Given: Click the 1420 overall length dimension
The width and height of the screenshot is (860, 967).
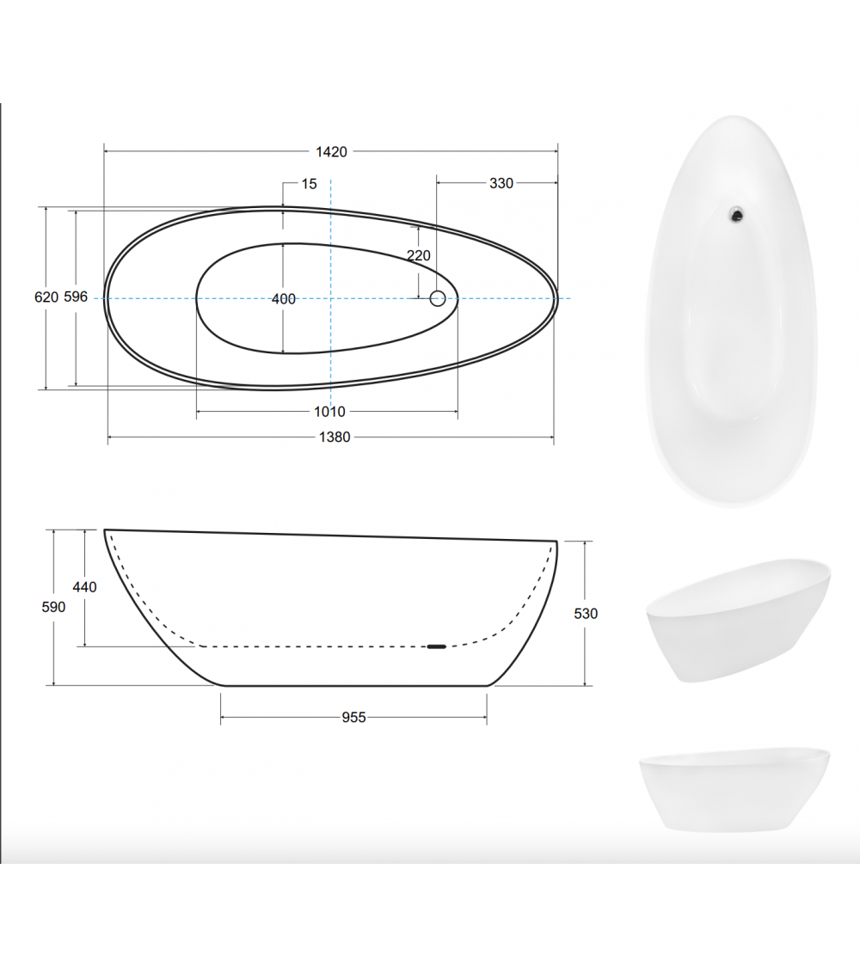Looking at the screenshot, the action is point(331,151).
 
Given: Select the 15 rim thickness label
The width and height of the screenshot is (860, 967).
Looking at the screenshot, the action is point(309,184).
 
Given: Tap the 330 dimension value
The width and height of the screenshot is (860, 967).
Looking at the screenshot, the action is point(501,183).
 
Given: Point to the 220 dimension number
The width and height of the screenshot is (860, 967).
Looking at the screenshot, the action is point(418,255).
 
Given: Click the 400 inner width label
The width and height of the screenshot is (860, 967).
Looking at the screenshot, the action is point(283,299).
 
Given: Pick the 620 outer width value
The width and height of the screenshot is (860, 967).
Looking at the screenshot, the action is point(46,297).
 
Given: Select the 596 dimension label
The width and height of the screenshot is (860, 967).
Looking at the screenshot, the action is point(76,297).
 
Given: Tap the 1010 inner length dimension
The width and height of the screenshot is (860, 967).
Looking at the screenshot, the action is point(329,412).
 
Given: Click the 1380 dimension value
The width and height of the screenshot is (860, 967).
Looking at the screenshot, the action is point(335,438).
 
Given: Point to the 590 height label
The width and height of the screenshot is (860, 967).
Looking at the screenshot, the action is point(53,608).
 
